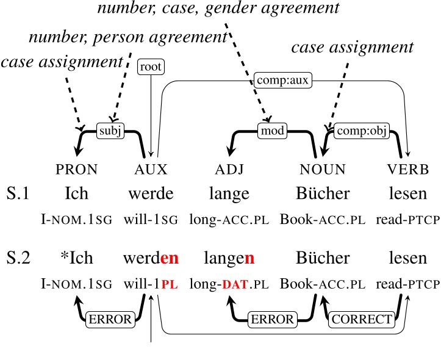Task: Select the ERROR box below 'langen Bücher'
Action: [x=271, y=319]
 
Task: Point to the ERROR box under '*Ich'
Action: [x=110, y=319]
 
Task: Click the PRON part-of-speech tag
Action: [x=76, y=169]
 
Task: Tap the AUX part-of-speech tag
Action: [x=151, y=169]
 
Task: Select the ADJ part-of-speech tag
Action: [x=228, y=169]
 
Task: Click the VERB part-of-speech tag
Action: [x=407, y=169]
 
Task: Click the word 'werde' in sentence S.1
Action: [x=151, y=193]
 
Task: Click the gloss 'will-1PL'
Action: [x=151, y=284]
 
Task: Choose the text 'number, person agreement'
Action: [x=127, y=36]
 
